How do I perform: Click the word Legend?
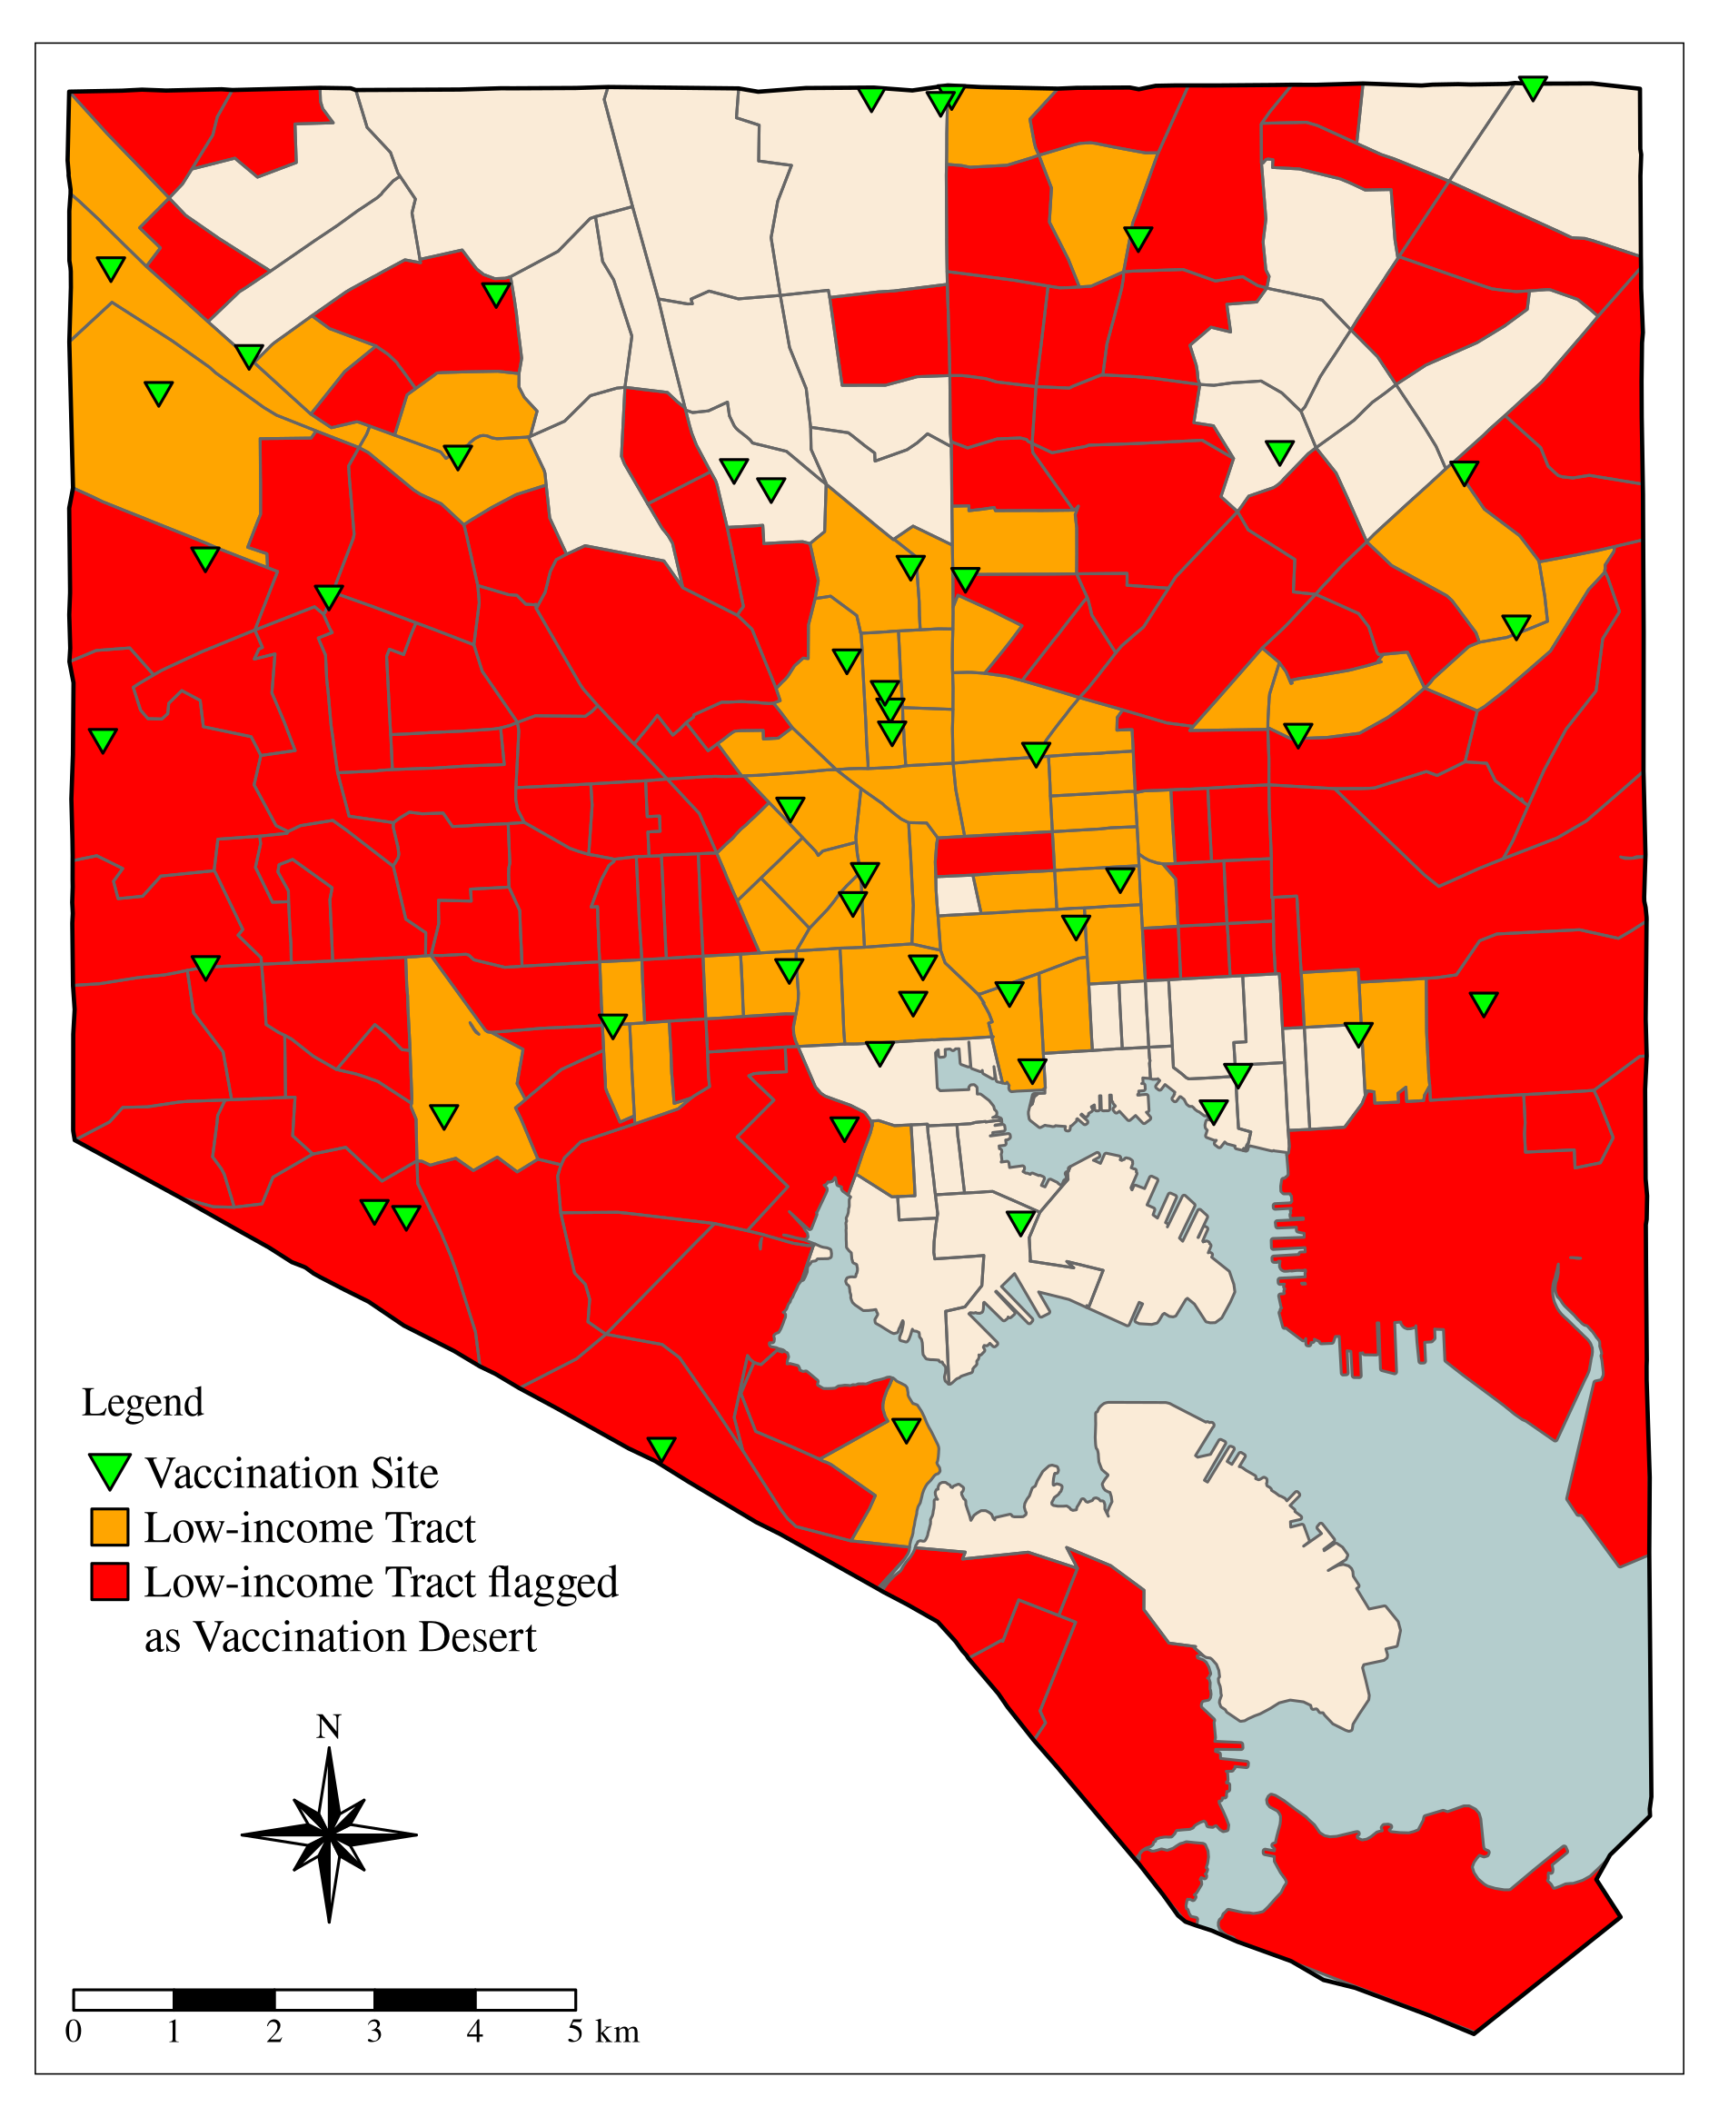pos(143,1403)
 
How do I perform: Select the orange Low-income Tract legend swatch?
pos(109,1526)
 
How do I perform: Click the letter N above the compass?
pos(328,1727)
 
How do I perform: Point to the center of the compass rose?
pos(329,1834)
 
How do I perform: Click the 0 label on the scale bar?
pos(74,2032)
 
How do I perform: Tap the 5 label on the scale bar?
pos(575,2032)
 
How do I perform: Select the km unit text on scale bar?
pos(617,2033)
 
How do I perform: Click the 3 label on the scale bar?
pos(374,2032)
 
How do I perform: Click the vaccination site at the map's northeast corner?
pos(1532,87)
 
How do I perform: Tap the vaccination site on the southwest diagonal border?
pos(661,1448)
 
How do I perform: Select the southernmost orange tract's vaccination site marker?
pos(906,1429)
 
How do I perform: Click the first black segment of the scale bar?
pos(224,1999)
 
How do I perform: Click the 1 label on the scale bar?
pos(174,2032)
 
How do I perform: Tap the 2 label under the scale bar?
pos(274,2032)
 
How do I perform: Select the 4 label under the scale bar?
pos(475,2032)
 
